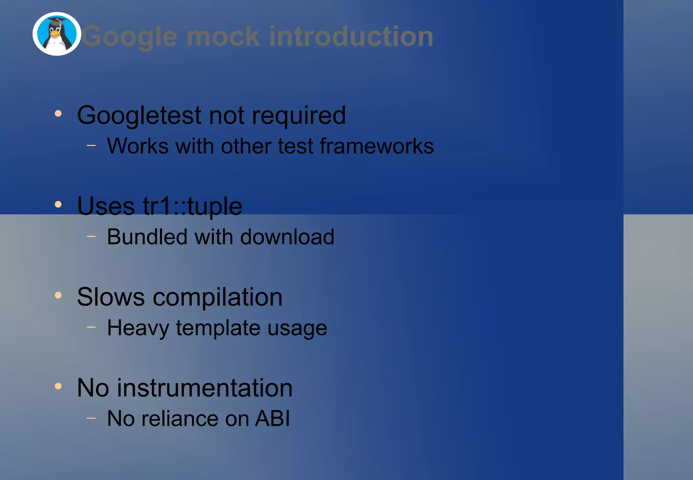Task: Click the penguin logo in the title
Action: coord(57,34)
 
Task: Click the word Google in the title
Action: coord(130,37)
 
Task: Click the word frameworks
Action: coord(377,146)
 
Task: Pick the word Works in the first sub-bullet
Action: coord(138,146)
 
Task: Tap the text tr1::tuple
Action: coord(193,206)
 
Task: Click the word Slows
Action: coord(111,297)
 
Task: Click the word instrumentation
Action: coord(205,388)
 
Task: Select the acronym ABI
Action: coord(273,418)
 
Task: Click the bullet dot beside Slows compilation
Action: coord(58,295)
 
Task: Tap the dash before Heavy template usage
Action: coord(91,327)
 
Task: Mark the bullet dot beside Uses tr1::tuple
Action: coord(58,204)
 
